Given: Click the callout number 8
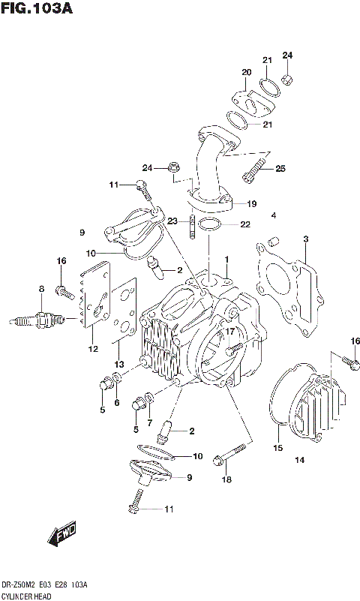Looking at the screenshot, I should [x=41, y=288].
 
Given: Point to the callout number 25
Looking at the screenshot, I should [x=280, y=168].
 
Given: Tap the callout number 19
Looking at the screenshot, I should [x=251, y=203].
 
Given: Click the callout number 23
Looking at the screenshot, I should [x=172, y=221].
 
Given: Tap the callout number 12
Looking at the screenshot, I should [x=92, y=348].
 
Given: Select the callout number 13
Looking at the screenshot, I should [x=119, y=364].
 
